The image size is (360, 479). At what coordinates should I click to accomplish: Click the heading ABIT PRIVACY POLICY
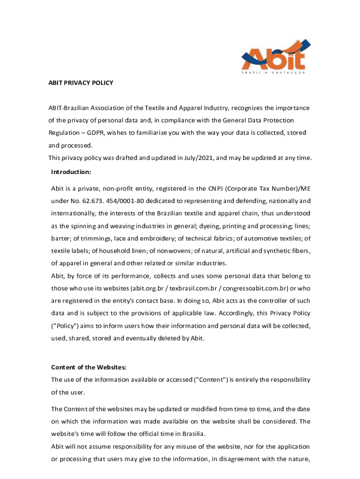[x=81, y=83]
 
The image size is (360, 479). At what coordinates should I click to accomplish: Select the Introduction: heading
[x=71, y=172]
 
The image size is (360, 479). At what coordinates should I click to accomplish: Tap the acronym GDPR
[x=95, y=133]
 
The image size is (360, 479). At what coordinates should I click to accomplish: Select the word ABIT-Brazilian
[x=71, y=108]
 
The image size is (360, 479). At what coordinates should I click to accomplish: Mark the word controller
[x=274, y=300]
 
